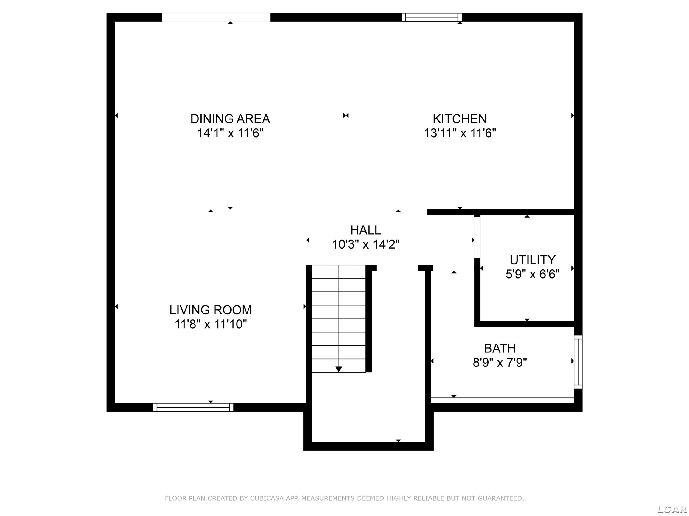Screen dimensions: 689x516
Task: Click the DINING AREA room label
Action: coord(230,119)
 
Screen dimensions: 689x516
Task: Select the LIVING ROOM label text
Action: coord(211,310)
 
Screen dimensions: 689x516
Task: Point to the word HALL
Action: coord(365,230)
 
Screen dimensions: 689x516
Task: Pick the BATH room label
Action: coord(500,348)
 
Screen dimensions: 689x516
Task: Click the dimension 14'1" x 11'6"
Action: coord(230,133)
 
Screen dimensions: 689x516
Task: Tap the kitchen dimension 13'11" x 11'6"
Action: coord(460,133)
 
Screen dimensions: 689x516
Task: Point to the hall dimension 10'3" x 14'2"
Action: coord(366,244)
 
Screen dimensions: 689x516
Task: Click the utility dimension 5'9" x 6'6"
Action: coord(533,274)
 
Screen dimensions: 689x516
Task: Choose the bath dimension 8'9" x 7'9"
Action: coord(500,363)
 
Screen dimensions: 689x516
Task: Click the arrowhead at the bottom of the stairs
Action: coord(339,369)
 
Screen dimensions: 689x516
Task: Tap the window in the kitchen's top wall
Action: coord(431,17)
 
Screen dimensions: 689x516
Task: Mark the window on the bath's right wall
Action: coord(578,362)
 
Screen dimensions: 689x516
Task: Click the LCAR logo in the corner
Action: coord(672,509)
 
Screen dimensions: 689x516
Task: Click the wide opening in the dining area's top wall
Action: coord(216,17)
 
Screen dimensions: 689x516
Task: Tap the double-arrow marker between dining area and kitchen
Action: coord(346,115)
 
